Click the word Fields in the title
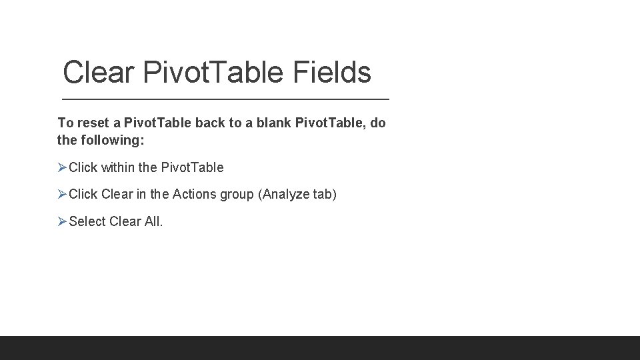click(331, 72)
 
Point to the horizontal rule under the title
click(225, 99)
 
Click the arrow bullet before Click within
click(63, 167)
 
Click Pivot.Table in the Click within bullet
click(193, 167)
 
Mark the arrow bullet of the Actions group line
click(63, 195)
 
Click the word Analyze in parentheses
click(287, 195)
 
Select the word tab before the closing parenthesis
click(323, 195)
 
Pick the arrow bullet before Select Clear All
click(63, 221)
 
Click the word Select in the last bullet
click(86, 221)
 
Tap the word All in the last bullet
click(153, 221)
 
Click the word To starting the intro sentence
click(65, 123)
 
